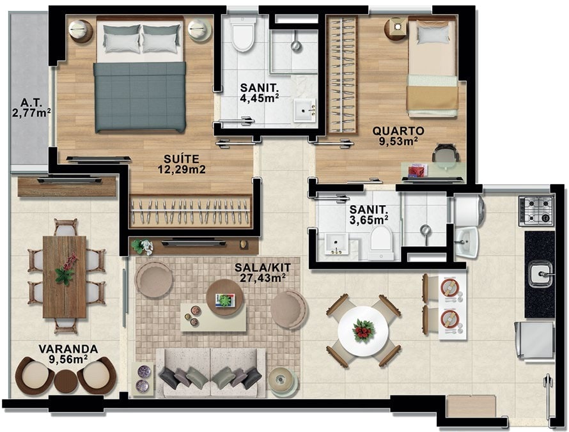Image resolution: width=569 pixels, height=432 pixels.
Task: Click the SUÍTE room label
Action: [x=182, y=159]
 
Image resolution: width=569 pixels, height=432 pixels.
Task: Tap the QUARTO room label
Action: [x=398, y=130]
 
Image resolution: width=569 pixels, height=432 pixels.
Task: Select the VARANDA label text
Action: [x=68, y=349]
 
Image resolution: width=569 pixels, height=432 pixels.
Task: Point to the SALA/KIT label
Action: [x=262, y=268]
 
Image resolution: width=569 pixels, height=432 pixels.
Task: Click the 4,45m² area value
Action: [x=260, y=98]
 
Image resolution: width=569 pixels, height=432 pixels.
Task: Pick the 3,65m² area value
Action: [x=369, y=219]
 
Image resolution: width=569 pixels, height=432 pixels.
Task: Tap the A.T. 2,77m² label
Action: [x=31, y=108]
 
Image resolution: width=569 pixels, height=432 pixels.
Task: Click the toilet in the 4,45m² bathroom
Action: [x=243, y=34]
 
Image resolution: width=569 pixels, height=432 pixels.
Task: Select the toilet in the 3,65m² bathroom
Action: [x=380, y=243]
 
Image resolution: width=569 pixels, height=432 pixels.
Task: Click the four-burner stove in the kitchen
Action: [x=536, y=211]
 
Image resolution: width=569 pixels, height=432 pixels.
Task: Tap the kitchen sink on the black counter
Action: [x=540, y=274]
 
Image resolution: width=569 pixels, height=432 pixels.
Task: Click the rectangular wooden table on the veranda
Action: [x=65, y=277]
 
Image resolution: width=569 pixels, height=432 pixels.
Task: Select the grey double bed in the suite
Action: [x=141, y=75]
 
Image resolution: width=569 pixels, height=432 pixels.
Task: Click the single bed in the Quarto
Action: [x=432, y=67]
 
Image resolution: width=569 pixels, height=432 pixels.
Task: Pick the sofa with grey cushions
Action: [x=210, y=372]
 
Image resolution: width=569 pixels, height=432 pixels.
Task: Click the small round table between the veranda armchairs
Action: [x=65, y=381]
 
